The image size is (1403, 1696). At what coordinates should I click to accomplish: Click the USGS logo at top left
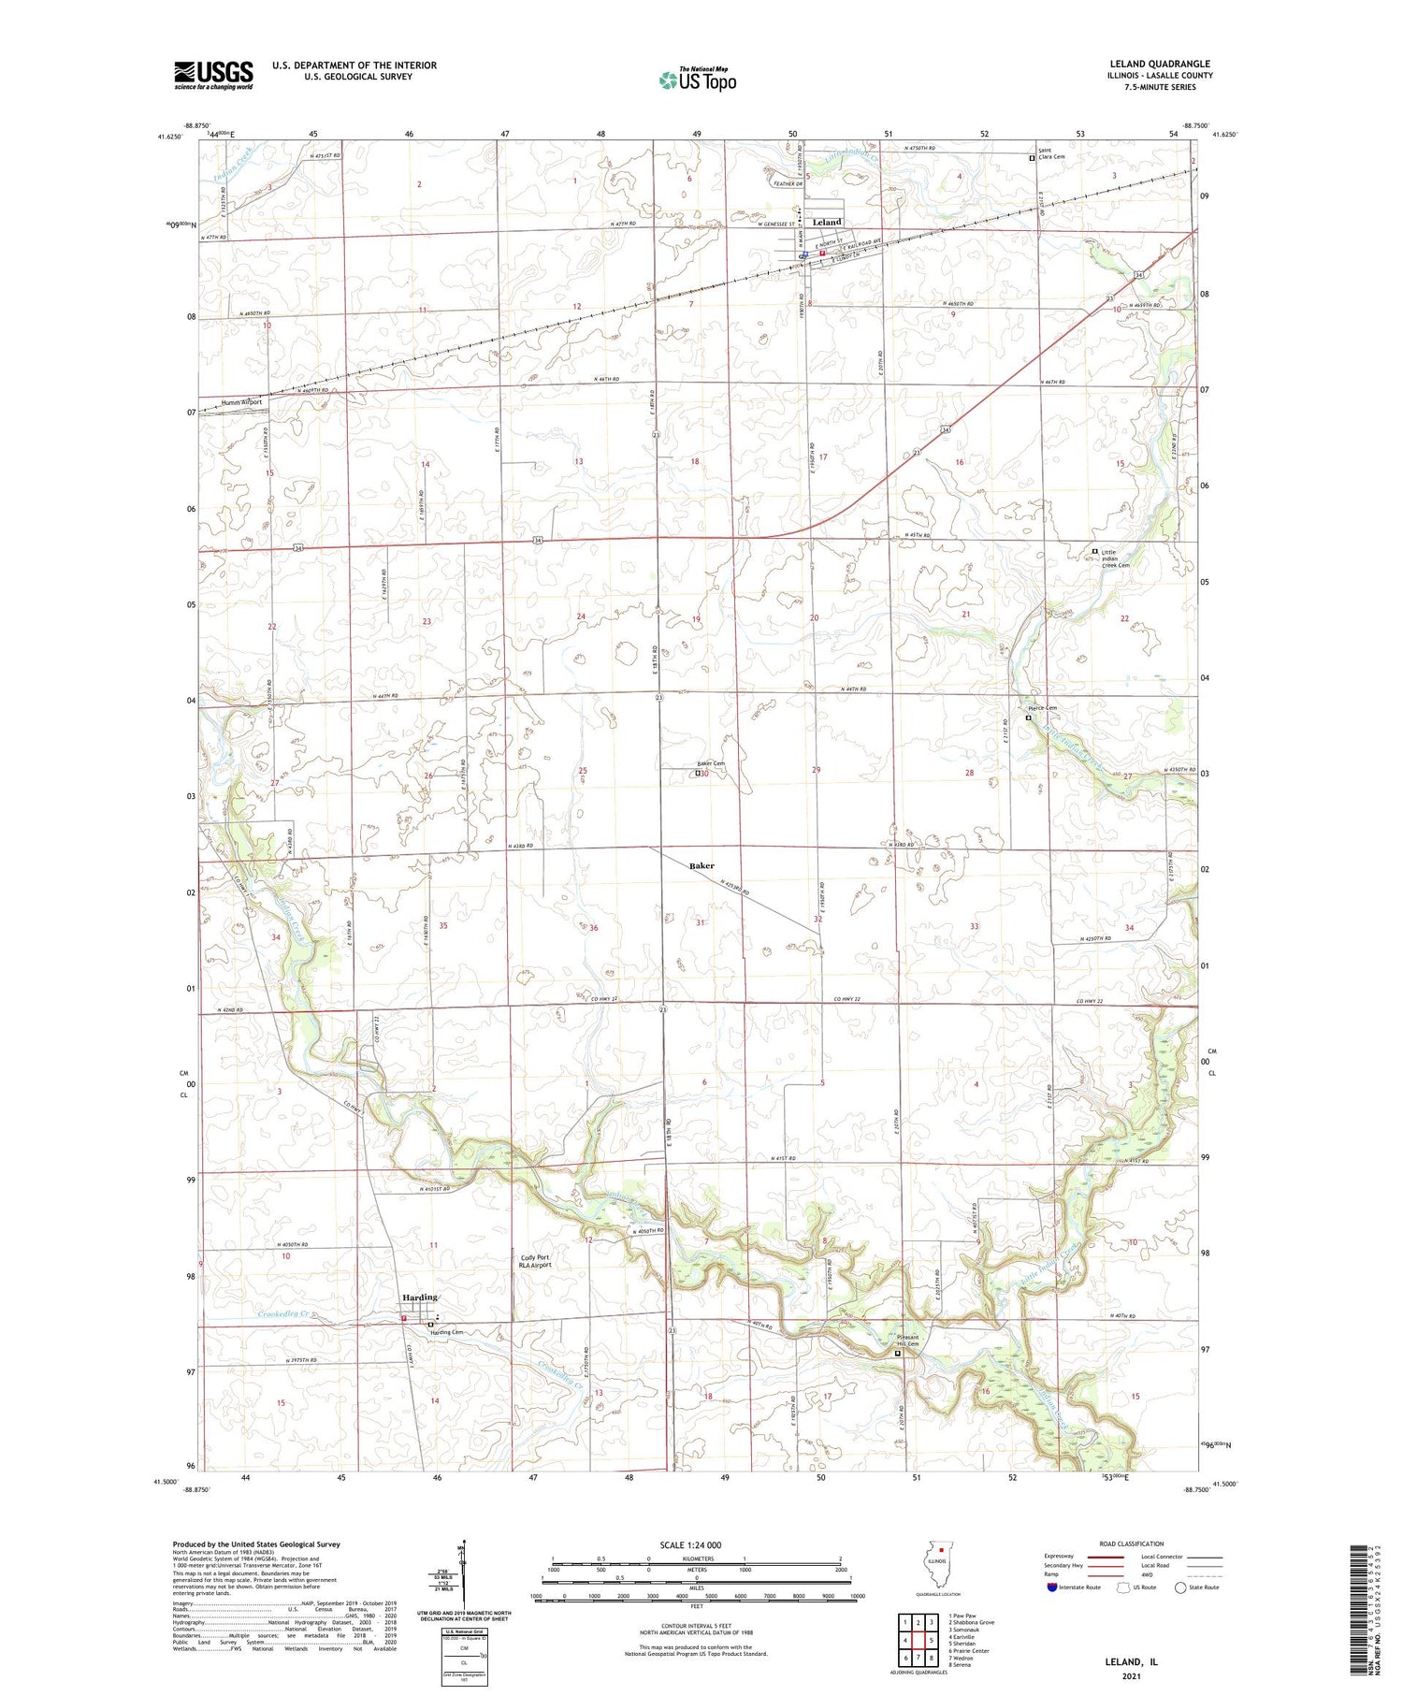213,75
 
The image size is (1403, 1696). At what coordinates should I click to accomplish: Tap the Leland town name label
827,222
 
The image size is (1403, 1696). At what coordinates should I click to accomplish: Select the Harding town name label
419,1297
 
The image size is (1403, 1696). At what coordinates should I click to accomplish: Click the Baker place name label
701,866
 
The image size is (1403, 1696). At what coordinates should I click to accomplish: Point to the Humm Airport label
241,402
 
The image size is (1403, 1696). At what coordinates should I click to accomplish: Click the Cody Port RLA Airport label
536,1261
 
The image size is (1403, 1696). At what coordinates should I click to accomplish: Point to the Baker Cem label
710,763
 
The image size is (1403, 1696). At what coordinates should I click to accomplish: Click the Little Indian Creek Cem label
1115,558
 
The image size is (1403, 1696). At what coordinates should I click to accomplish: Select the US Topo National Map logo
697,80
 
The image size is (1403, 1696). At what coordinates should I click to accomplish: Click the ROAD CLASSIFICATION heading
1132,1544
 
